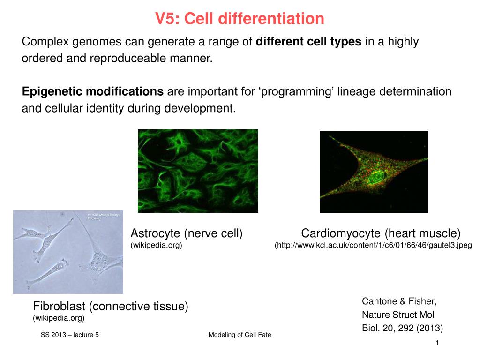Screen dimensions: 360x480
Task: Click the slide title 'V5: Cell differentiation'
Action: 240,19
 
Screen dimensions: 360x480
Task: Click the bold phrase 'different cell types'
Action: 308,42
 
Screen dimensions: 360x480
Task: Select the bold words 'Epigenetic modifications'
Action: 93,91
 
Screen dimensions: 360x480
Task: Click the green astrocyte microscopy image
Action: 197,171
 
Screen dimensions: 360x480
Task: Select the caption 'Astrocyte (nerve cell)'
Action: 186,233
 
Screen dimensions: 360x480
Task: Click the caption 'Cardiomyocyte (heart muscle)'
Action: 381,233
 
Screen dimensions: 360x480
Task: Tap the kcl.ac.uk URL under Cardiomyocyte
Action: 373,245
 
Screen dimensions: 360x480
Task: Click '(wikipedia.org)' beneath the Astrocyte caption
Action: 156,245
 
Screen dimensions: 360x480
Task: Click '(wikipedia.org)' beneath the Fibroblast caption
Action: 59,318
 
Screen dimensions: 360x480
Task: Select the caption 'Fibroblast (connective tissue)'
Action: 110,307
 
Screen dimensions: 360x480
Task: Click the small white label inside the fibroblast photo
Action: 104,217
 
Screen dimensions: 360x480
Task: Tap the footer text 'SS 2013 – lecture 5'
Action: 69,335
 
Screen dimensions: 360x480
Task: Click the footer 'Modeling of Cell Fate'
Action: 240,335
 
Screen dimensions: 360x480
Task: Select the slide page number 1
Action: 436,344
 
